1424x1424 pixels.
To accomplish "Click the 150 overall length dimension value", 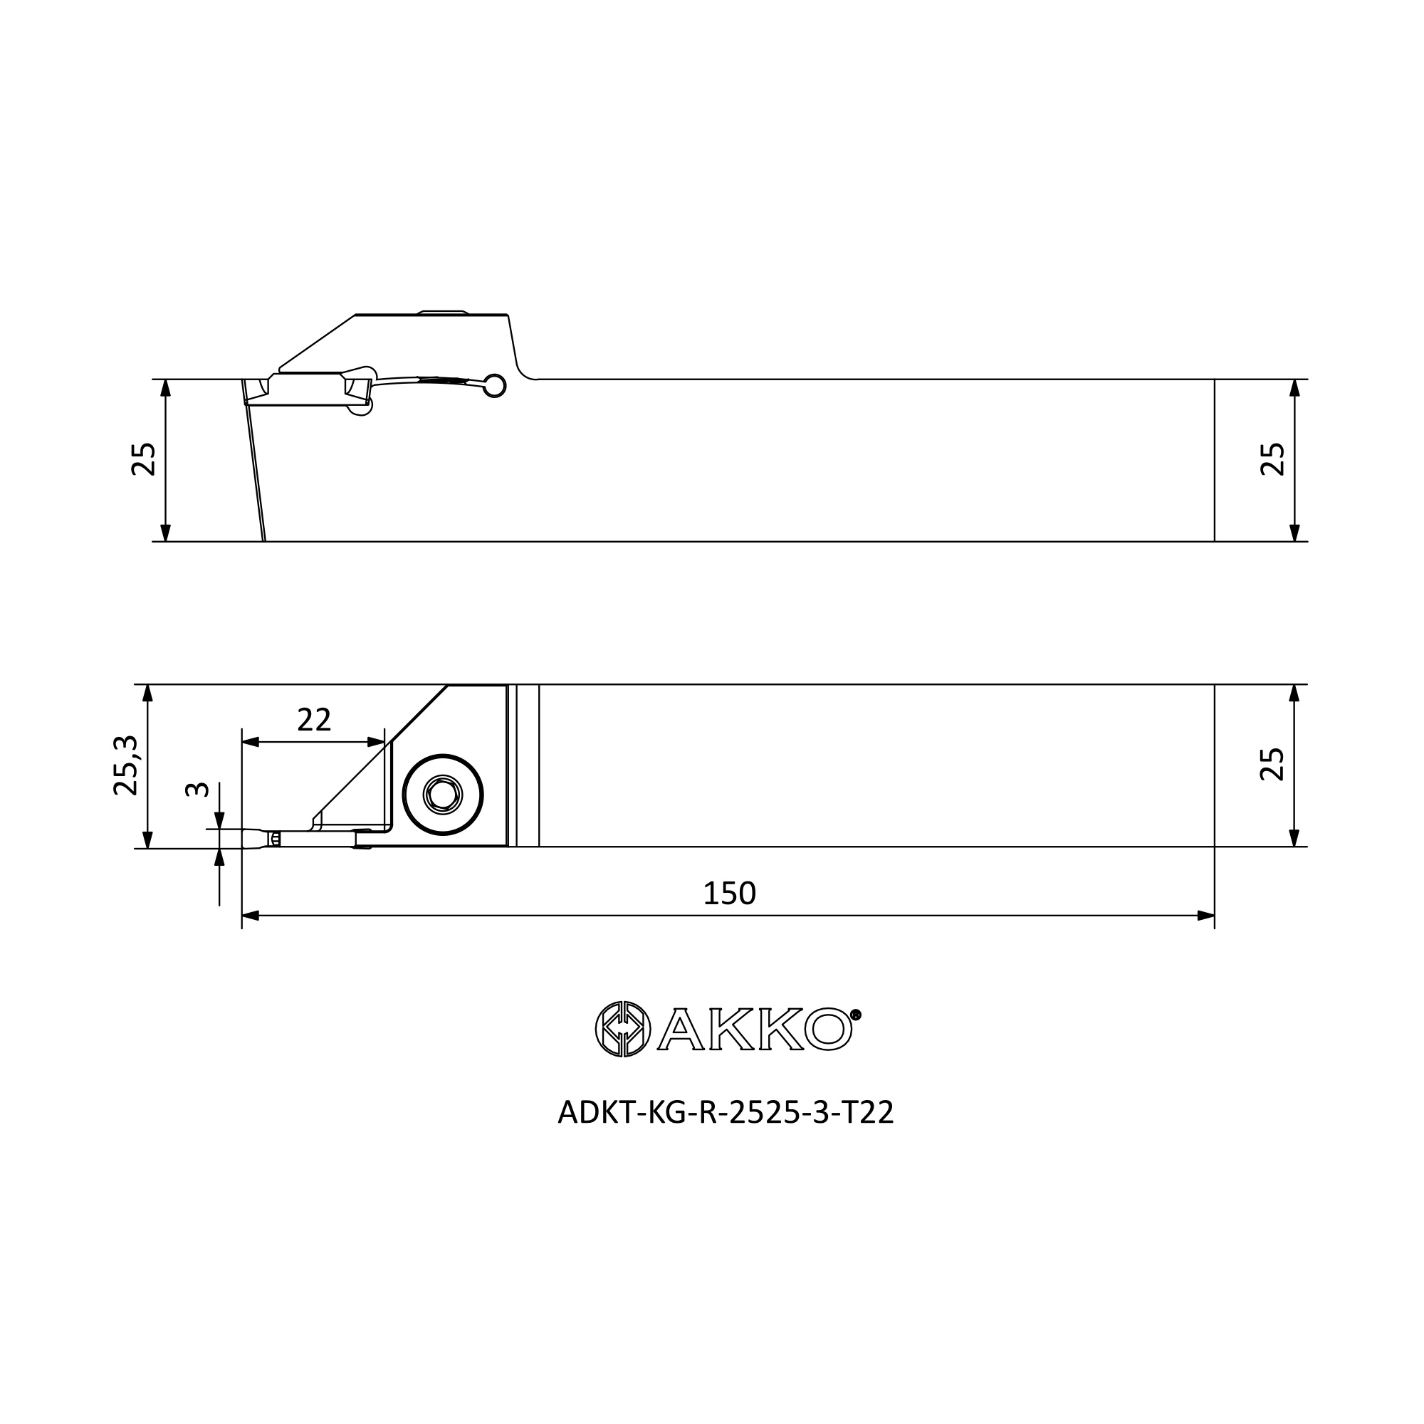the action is click(729, 894).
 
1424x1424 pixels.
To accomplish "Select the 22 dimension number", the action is click(314, 719).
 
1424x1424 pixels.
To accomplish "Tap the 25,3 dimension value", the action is click(126, 765).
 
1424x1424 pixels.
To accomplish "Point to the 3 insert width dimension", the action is click(197, 790).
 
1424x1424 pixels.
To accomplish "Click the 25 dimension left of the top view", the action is click(144, 459).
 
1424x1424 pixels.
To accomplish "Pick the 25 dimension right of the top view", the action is click(1272, 459).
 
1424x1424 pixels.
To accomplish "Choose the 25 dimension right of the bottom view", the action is click(1272, 764).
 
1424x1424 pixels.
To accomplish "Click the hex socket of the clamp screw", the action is click(442, 795).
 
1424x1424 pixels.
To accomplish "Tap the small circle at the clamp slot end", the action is click(495, 385).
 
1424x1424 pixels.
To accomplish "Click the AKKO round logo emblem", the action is click(623, 1029).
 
